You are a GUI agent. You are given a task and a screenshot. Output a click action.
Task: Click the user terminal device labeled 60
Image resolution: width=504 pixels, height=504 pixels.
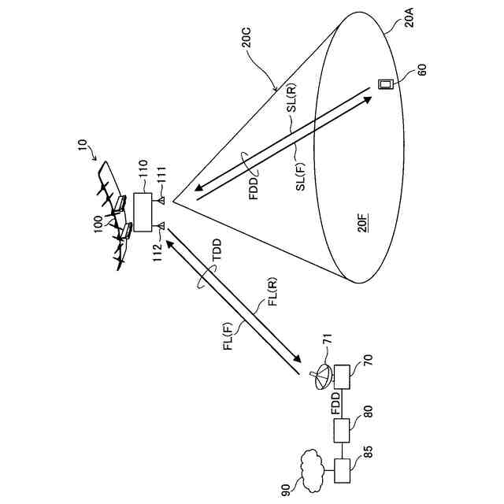click(387, 84)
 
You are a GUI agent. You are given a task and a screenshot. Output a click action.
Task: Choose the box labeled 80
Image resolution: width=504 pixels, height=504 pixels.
click(345, 430)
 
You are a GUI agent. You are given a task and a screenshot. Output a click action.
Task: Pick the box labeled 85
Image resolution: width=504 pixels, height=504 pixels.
click(345, 471)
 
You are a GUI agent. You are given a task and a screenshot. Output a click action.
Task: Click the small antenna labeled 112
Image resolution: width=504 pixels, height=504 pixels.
click(161, 228)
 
